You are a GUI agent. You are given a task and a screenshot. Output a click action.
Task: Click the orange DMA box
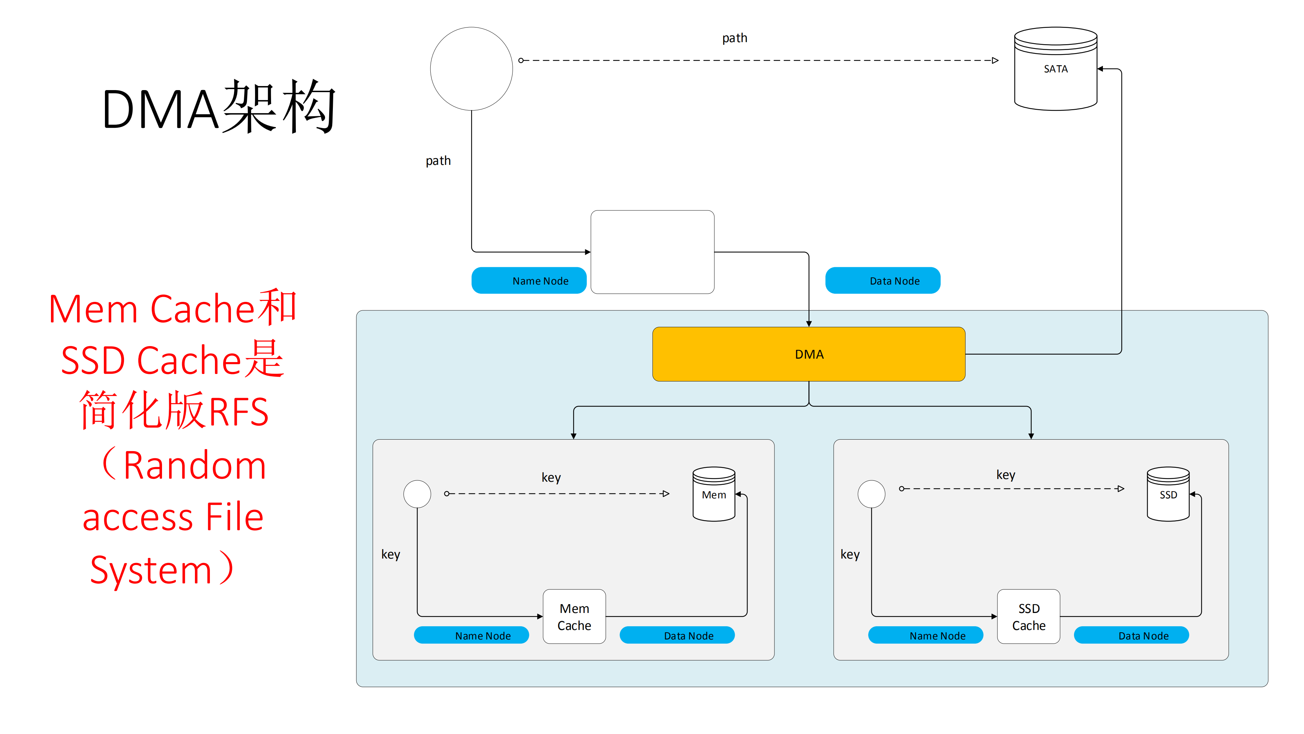[808, 354]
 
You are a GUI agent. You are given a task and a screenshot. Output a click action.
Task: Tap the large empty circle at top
[471, 69]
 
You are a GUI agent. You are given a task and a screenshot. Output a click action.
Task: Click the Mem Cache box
[574, 616]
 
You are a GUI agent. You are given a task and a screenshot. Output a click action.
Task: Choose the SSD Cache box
[1028, 616]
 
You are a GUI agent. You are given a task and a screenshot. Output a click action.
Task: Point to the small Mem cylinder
[714, 494]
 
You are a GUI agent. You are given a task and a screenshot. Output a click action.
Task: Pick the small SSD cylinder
[1168, 494]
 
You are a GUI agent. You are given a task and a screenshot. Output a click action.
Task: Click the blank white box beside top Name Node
[653, 252]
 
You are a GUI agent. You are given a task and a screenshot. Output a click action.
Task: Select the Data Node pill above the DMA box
[883, 280]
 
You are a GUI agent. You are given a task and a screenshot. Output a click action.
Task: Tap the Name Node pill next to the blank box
[529, 280]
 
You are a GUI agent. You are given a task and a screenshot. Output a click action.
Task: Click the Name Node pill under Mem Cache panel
[471, 635]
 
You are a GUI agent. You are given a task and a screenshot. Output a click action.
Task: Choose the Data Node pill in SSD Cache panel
[1131, 635]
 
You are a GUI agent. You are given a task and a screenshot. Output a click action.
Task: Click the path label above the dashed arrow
[734, 38]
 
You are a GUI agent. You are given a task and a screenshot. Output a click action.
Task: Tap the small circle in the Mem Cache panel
[417, 494]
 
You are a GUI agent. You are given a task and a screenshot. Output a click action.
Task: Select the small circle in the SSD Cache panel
[871, 494]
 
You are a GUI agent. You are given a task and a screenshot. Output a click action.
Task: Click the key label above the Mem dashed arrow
[551, 477]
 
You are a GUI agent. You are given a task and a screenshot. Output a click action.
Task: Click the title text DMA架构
[219, 107]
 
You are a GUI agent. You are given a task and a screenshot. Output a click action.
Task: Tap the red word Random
[194, 465]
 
